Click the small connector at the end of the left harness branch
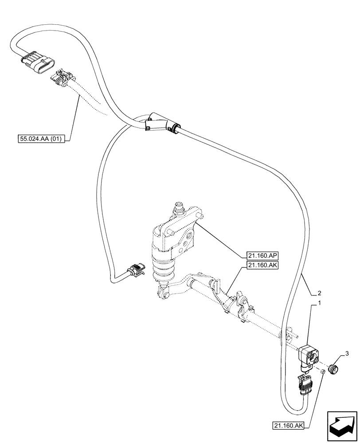136,270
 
